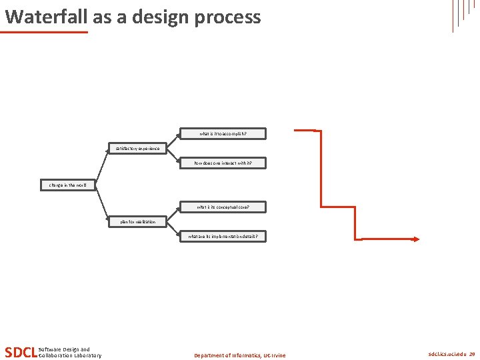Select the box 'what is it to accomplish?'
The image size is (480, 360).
click(x=223, y=133)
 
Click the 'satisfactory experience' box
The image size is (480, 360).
click(x=138, y=148)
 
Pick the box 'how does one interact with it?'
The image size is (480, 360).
click(x=223, y=163)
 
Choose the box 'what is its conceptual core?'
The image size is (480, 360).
click(x=223, y=207)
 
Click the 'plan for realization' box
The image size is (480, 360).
click(x=138, y=221)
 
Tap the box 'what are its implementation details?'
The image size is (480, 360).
click(x=223, y=236)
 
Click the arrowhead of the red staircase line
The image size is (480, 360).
click(x=415, y=239)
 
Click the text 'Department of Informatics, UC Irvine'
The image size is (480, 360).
click(x=239, y=355)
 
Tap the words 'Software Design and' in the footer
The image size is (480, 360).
click(x=65, y=349)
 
